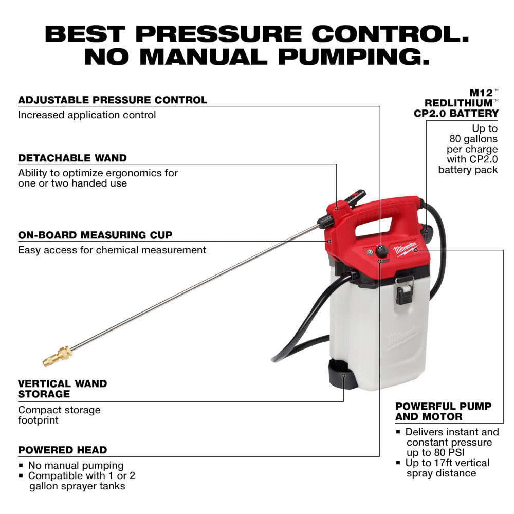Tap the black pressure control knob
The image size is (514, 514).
[381, 251]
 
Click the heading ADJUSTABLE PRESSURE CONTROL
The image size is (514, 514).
[113, 100]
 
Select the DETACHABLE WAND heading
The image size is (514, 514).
[72, 158]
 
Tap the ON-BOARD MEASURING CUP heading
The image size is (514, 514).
[95, 235]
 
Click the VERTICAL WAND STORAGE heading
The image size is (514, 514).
[63, 389]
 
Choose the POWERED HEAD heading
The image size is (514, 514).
[63, 450]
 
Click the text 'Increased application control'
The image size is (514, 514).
[87, 115]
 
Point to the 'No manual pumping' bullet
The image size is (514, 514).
[76, 465]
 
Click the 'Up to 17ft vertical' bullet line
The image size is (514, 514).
[448, 463]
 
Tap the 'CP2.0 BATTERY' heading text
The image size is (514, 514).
[456, 113]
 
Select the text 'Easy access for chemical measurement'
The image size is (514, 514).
[112, 250]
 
